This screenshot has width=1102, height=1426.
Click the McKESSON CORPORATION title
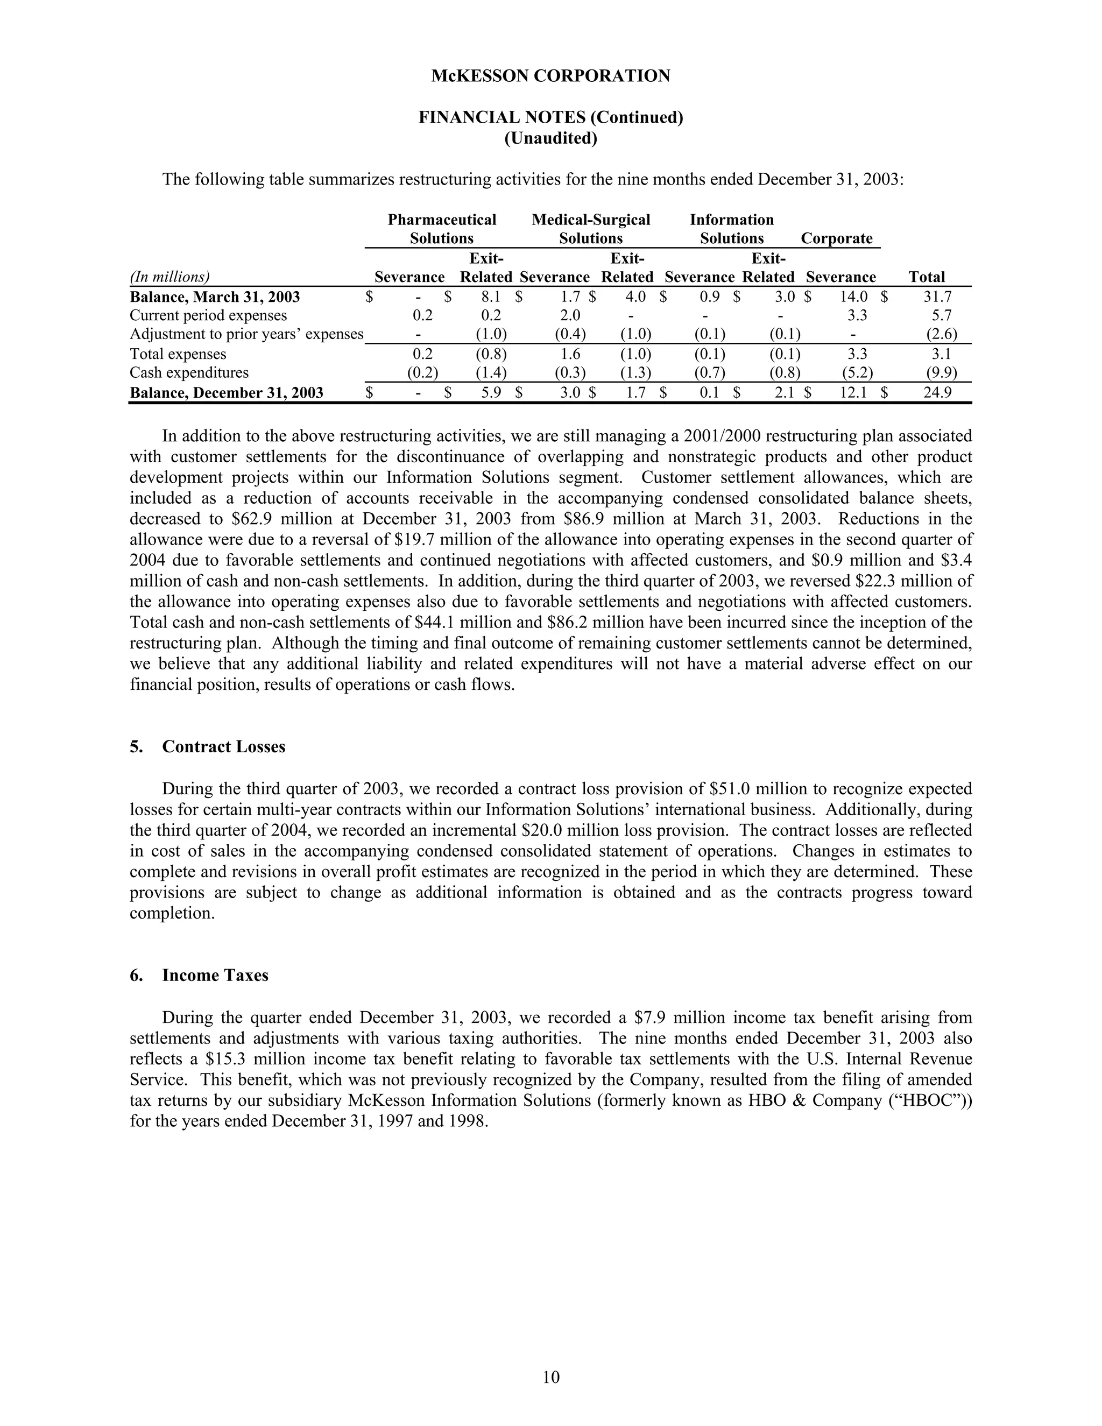coord(550,76)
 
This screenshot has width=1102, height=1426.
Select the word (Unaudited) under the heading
coord(550,138)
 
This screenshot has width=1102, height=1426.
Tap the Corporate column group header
coord(836,238)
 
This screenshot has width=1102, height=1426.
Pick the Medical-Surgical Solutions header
coord(591,229)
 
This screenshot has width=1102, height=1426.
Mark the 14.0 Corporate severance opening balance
coord(854,297)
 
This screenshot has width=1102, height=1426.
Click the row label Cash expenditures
coord(189,373)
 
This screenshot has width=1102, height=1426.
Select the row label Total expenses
coord(178,354)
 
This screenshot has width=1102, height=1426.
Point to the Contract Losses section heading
coord(223,747)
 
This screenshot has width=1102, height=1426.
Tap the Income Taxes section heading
coord(215,976)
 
